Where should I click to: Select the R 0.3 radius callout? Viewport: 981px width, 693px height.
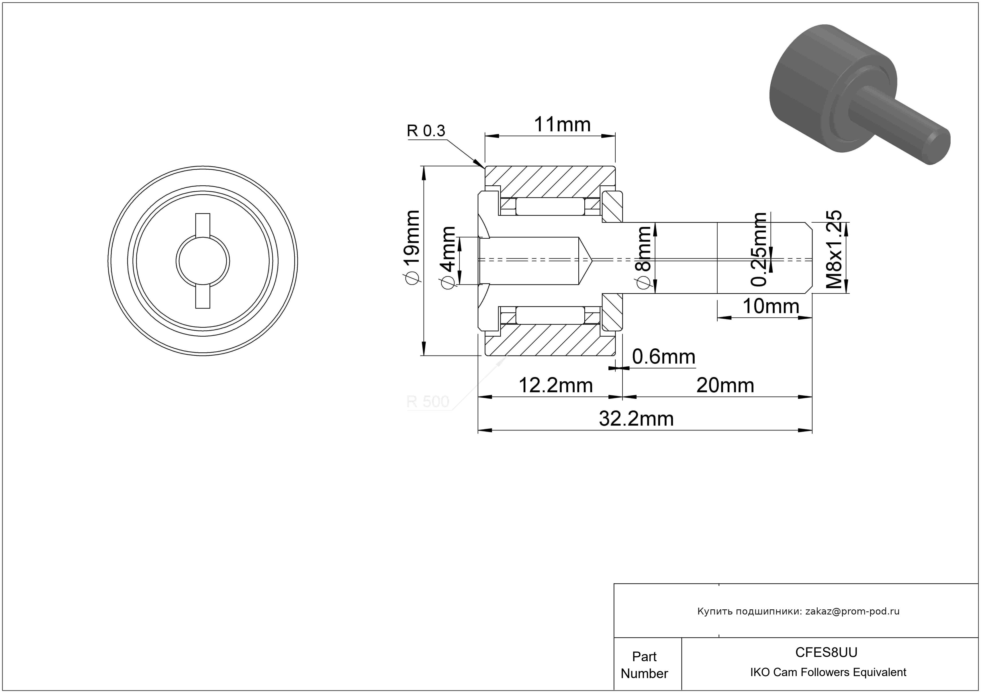pos(426,131)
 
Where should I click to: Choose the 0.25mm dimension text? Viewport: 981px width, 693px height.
pos(759,249)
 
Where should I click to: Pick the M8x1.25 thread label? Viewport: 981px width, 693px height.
pos(834,249)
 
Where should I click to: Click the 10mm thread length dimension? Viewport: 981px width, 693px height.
pos(771,306)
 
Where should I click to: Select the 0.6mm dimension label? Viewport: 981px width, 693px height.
pos(663,357)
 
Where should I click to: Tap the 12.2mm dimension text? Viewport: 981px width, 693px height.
pos(555,386)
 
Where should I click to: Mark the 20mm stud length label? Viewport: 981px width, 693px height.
pos(725,386)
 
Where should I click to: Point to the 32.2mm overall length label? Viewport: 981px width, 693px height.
pos(636,419)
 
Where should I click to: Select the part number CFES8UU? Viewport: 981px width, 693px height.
pos(826,652)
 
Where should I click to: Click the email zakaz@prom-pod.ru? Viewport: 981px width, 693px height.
pos(852,611)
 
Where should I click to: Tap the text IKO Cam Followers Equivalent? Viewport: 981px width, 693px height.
pos(828,672)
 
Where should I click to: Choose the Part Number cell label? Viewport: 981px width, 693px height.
pos(644,665)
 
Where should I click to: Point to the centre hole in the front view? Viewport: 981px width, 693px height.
pos(203,261)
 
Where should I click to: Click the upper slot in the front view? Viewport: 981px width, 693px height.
pos(203,224)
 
